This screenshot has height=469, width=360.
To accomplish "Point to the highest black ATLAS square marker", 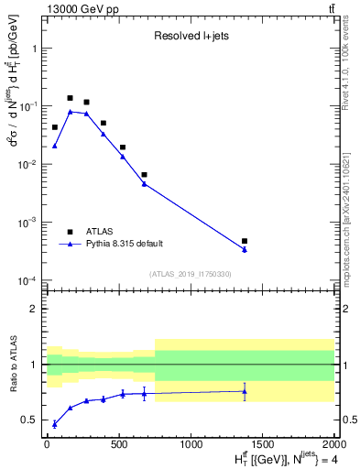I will [x=70, y=98].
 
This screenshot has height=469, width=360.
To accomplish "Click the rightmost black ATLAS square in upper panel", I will [x=245, y=241].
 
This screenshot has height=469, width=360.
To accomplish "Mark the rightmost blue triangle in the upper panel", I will [x=245, y=249].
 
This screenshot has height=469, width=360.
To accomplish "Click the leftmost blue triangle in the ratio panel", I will [x=55, y=424].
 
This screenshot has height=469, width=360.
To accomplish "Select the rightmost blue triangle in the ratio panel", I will [x=245, y=391].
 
